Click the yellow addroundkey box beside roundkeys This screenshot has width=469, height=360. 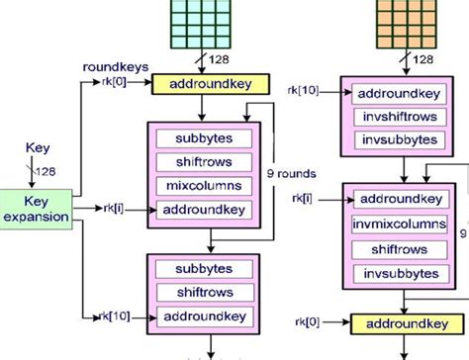[x=205, y=84]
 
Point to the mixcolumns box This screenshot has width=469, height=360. [x=205, y=186]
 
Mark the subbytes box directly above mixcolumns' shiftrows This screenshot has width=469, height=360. [x=205, y=137]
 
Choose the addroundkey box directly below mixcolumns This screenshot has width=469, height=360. [x=205, y=210]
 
